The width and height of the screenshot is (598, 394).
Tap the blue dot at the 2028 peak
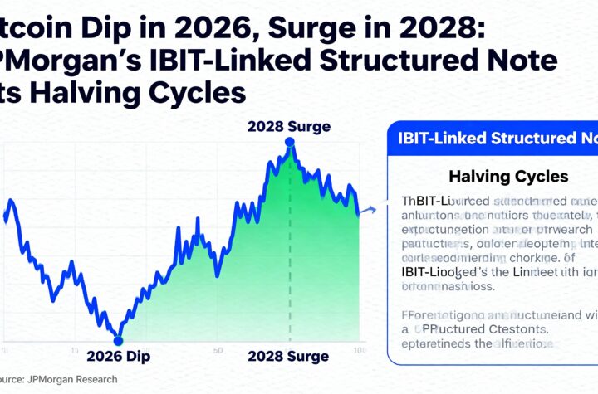[289, 142]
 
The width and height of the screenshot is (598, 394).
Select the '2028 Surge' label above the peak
[289, 127]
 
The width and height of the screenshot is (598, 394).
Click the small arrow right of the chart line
[371, 209]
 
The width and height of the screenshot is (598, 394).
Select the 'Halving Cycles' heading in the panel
[497, 177]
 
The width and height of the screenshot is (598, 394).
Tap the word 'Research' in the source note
[100, 379]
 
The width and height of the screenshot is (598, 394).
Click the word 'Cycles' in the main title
[200, 91]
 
